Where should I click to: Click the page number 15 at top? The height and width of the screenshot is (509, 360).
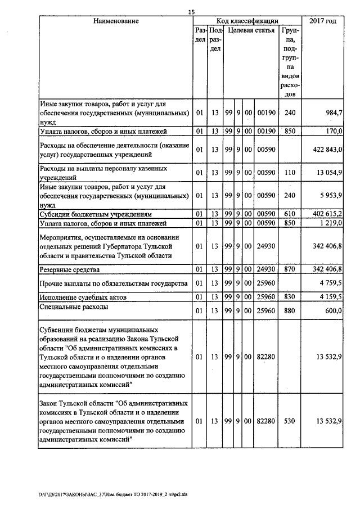(191, 12)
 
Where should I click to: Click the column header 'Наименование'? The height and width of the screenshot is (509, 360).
(116, 21)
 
